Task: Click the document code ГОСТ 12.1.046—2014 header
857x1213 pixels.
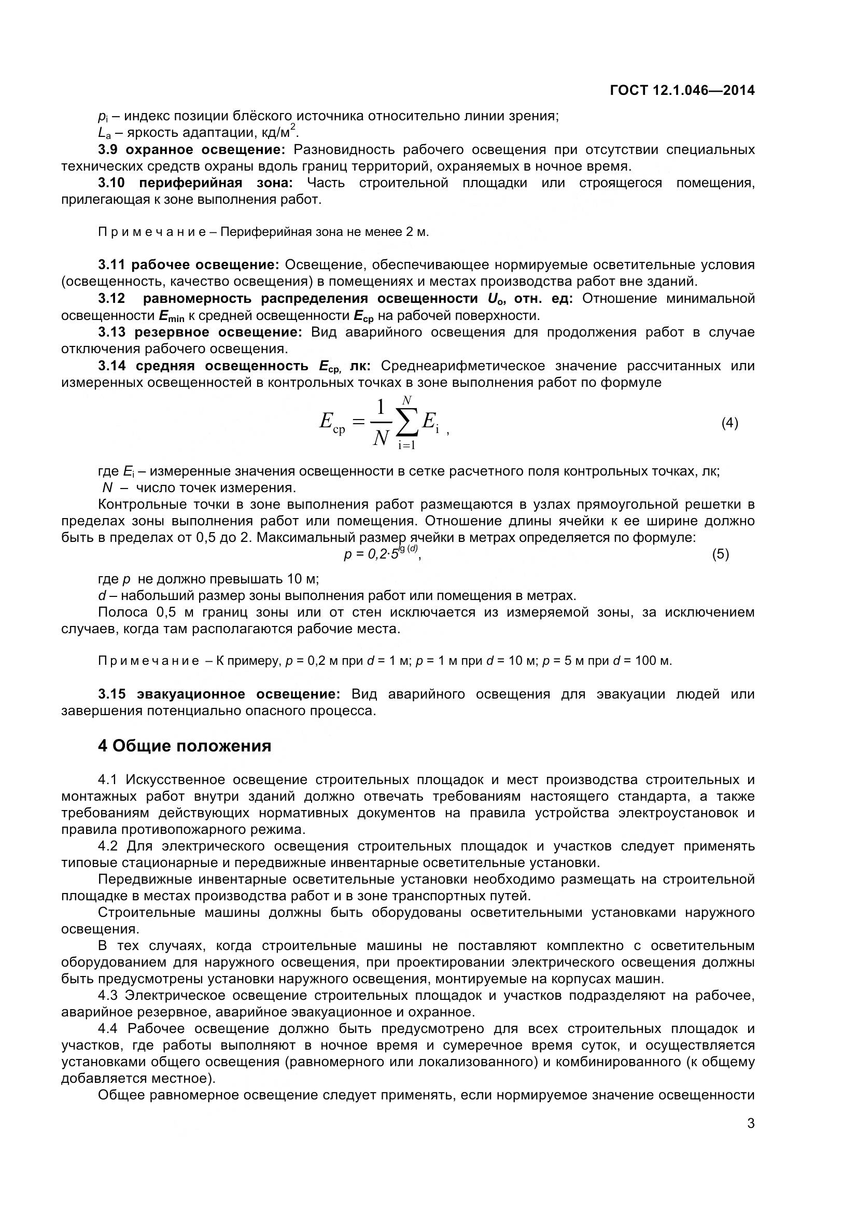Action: tap(682, 90)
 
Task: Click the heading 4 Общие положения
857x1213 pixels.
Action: tap(184, 745)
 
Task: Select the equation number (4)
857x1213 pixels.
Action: tap(729, 423)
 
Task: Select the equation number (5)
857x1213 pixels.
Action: tap(720, 554)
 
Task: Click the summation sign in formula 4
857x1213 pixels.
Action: tap(406, 421)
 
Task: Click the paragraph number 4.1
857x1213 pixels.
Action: tap(109, 779)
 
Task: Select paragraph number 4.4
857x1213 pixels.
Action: tap(109, 1028)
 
